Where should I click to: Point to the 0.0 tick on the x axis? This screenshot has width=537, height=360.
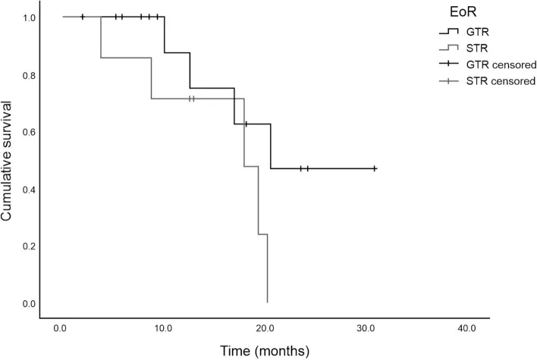(x=61, y=329)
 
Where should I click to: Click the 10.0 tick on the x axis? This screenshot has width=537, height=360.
(x=162, y=329)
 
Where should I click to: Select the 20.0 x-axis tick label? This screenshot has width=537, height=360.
(x=264, y=329)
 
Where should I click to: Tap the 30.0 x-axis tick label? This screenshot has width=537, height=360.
(x=365, y=329)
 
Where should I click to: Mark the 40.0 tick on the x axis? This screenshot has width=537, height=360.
(x=466, y=329)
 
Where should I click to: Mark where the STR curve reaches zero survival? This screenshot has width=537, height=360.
(x=267, y=302)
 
